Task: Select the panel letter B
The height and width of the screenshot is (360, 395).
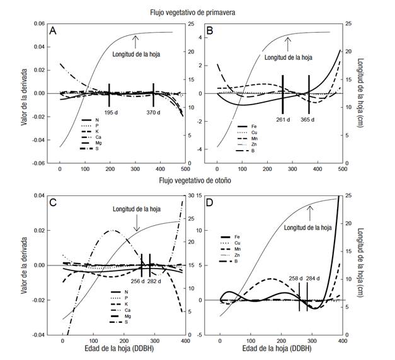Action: [x=211, y=31]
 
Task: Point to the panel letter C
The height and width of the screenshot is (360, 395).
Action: [x=54, y=204]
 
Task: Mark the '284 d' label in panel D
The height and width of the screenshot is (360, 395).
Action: [x=313, y=278]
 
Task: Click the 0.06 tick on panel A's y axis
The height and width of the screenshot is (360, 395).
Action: [x=38, y=24]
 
